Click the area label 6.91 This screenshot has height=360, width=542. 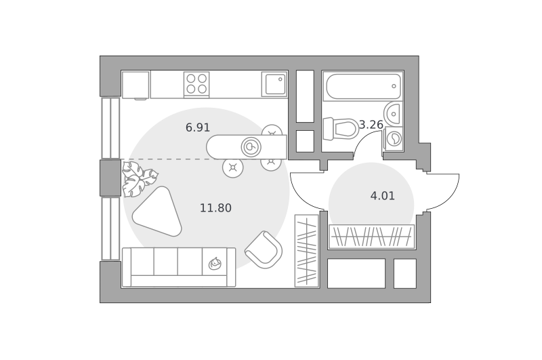(x=198, y=127)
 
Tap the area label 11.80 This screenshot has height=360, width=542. (x=215, y=208)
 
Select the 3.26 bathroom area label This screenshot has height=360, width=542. (x=371, y=125)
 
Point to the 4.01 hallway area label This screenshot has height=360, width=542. (x=382, y=196)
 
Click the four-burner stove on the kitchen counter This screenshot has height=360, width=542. (x=196, y=84)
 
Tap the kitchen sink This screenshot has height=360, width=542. (x=274, y=84)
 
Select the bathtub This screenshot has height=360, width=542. (x=362, y=86)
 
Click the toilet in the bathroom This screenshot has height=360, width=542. (x=340, y=129)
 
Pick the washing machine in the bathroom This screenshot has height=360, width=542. (x=394, y=139)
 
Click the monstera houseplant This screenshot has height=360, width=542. (x=139, y=179)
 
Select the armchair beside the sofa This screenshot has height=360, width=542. (x=264, y=249)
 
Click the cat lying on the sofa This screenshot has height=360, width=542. (x=215, y=264)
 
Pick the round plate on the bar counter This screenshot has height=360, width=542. (x=251, y=147)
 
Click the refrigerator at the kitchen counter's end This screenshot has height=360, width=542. (x=135, y=85)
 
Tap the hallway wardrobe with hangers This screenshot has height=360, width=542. (x=371, y=237)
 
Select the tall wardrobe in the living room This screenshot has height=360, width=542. (x=307, y=251)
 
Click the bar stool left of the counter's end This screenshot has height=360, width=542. (x=233, y=167)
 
